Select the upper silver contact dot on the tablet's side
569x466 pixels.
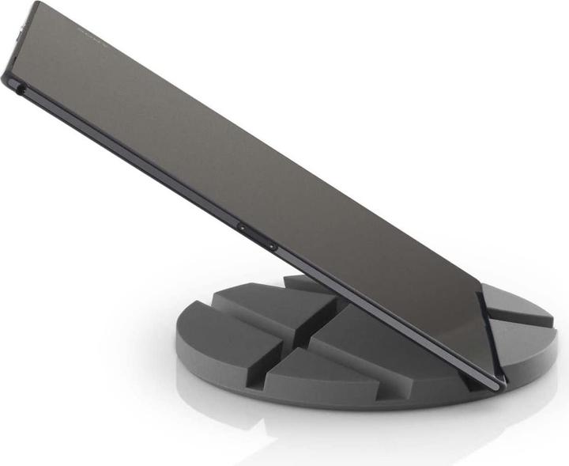tap(240, 227)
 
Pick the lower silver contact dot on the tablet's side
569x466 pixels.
tap(273, 246)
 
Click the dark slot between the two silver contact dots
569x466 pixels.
tap(257, 237)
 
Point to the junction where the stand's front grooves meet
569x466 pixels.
tap(304, 348)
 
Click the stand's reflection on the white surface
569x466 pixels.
tap(356, 431)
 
